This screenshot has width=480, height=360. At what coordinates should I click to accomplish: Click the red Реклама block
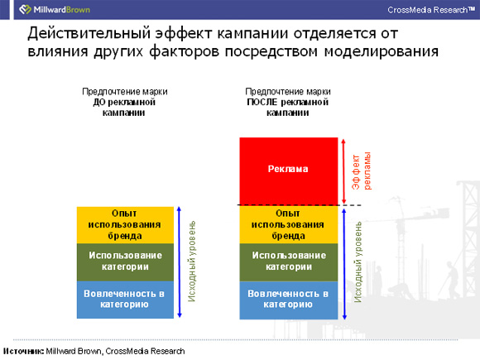click(288, 170)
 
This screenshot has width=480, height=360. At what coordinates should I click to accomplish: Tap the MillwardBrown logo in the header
click(55, 9)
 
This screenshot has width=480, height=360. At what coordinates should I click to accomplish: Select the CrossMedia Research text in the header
click(431, 10)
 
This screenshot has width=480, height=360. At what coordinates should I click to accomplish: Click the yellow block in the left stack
click(125, 225)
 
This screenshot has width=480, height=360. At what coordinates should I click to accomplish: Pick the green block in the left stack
click(125, 262)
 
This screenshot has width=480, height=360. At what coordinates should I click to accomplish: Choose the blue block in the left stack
click(125, 300)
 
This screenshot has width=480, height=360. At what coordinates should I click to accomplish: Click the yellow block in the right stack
click(288, 224)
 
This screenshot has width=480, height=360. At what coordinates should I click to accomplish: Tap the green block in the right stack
click(288, 262)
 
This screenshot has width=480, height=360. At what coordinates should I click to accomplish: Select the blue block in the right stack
click(288, 300)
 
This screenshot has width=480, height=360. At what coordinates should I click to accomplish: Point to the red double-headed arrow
click(343, 171)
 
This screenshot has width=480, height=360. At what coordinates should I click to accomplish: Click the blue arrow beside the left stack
click(180, 262)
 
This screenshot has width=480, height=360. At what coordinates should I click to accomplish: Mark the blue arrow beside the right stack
click(344, 264)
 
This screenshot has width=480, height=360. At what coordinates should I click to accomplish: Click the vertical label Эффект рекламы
click(361, 170)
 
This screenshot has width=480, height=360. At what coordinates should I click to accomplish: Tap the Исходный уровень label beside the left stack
click(192, 262)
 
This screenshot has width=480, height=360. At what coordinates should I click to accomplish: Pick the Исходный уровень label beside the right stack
click(358, 262)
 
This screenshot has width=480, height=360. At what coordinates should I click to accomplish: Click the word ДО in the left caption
click(98, 102)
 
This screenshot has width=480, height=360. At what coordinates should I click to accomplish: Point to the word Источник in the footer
click(23, 351)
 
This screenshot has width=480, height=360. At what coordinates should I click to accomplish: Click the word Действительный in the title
click(89, 33)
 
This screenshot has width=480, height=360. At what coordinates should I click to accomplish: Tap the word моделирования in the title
click(382, 51)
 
